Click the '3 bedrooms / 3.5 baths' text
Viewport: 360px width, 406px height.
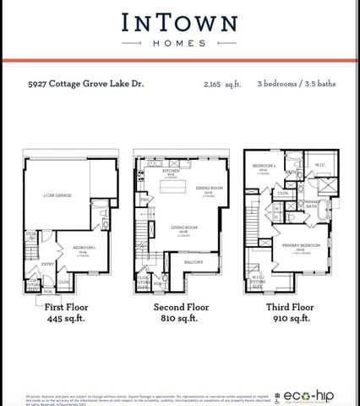295,85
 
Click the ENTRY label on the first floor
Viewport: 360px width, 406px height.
48,264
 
